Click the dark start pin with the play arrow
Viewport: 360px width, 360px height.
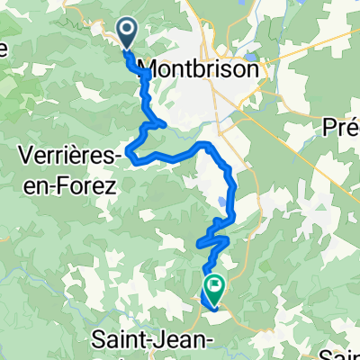(127, 34)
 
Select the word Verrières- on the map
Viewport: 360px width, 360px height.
(68, 157)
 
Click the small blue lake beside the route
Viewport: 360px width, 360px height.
(222, 202)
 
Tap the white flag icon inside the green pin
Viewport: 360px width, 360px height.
(217, 286)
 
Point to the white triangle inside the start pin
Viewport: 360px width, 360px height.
(128, 32)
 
